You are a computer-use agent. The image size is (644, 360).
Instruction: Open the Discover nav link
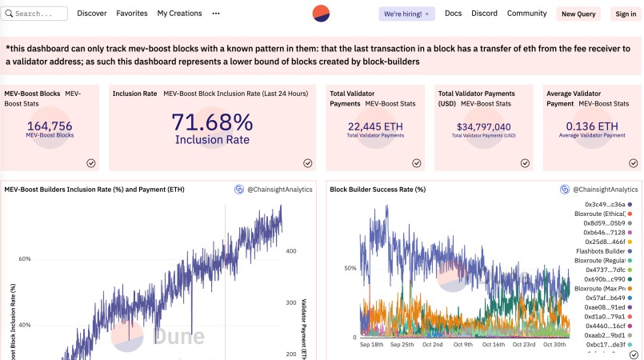point(92,14)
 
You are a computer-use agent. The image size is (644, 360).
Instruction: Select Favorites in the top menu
point(131,14)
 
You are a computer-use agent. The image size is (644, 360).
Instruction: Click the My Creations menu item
point(179,14)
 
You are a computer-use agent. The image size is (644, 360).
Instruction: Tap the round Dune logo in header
point(322,14)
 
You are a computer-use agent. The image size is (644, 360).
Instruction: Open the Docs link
point(453,14)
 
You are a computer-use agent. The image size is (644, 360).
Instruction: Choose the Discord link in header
point(484,14)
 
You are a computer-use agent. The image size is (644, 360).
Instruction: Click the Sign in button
point(624,14)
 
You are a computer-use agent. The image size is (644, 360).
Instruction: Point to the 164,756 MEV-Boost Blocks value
point(50,126)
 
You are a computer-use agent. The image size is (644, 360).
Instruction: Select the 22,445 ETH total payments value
point(375,126)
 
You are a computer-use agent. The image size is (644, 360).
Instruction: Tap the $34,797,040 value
point(483,126)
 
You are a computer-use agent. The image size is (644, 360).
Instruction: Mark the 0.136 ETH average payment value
point(591,126)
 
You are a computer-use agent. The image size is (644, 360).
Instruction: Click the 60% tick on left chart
point(24,259)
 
